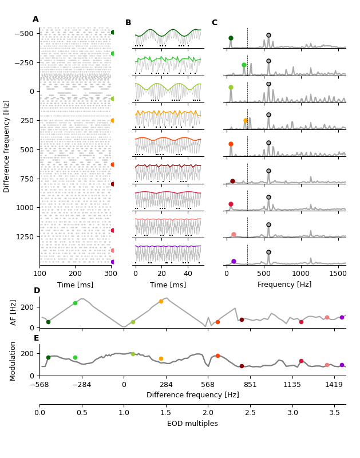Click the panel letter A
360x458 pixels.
click(35, 19)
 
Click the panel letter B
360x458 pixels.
click(128, 23)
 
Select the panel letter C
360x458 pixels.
click(214, 23)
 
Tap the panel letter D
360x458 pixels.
click(37, 291)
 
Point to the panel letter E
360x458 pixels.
click(37, 338)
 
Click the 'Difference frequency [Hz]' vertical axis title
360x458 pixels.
click(7, 146)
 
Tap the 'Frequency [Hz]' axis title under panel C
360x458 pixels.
click(284, 285)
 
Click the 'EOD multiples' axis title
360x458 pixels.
click(192, 424)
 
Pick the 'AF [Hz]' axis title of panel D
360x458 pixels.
click(14, 312)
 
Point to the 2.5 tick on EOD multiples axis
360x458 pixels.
click(250, 413)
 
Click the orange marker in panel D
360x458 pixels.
click(161, 301)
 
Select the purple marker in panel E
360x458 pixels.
click(342, 365)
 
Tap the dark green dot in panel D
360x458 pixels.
click(48, 322)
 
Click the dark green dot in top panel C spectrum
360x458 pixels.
click(231, 38)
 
